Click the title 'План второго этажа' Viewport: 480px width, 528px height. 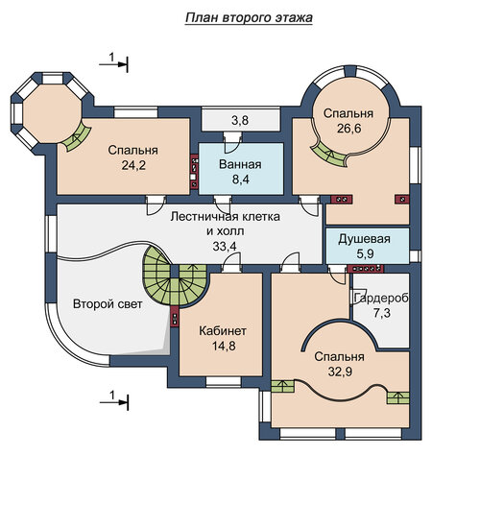tap(249, 18)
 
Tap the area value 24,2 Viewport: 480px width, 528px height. tap(133, 165)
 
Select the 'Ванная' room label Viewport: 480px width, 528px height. tap(240, 164)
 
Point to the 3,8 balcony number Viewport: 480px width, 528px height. tap(240, 120)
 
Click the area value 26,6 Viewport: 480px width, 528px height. tap(349, 129)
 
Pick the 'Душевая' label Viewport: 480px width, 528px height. tap(364, 239)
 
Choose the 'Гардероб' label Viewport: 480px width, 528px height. tap(382, 298)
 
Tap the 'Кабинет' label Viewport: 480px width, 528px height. tap(223, 330)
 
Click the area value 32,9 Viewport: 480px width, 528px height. tap(340, 372)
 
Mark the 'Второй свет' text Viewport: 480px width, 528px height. tap(108, 304)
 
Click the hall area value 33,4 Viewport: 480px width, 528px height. tap(225, 246)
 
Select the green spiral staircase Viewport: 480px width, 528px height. tap(174, 276)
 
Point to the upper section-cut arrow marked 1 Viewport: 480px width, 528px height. tap(113, 64)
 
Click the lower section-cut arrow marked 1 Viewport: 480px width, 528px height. tap(114, 402)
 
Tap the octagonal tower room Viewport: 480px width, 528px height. tap(52, 111)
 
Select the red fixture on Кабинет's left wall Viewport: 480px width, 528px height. tap(175, 317)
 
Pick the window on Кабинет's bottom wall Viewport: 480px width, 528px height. tap(224, 381)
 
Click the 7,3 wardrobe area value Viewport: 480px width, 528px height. tap(382, 313)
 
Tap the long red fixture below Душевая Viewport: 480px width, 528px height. tap(366, 269)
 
